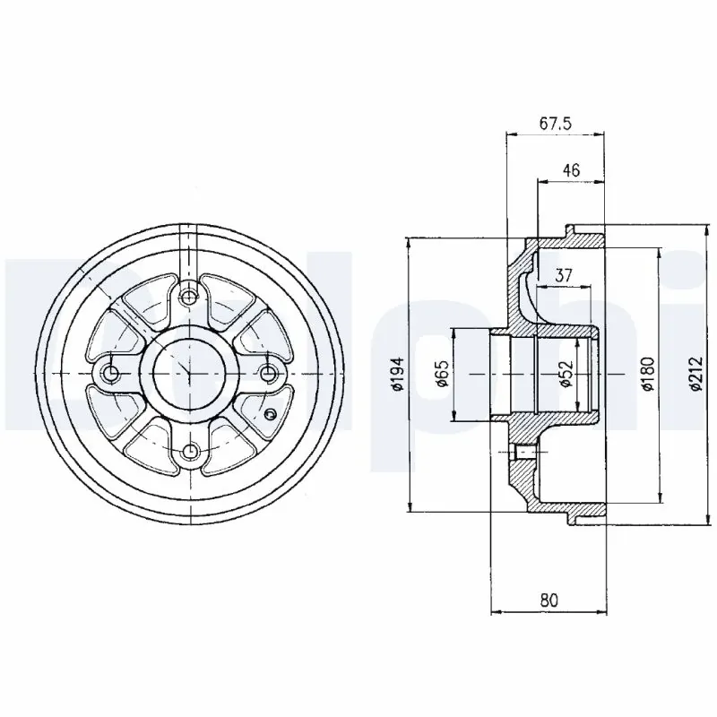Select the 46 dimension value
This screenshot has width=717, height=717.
click(570, 168)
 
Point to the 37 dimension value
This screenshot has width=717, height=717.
click(564, 276)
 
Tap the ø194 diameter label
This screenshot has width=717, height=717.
click(400, 374)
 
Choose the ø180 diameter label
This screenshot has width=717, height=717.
click(649, 374)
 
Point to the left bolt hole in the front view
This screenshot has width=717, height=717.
click(110, 373)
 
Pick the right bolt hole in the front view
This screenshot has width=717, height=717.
click(266, 373)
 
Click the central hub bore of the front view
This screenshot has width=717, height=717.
click(188, 373)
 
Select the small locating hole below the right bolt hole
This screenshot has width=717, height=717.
click(272, 413)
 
